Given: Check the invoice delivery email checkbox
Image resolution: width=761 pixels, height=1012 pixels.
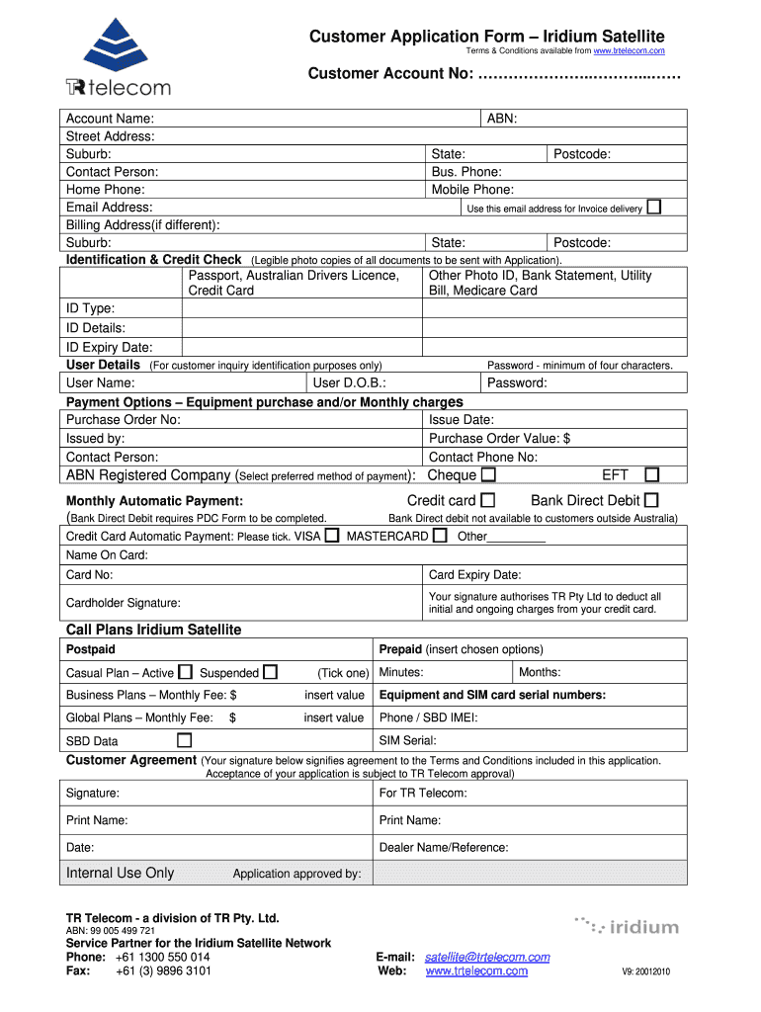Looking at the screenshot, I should coord(653,207).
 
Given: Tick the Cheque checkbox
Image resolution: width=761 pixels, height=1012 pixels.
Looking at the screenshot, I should coord(488,475).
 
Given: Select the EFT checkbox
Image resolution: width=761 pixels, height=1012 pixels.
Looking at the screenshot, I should coord(652,475).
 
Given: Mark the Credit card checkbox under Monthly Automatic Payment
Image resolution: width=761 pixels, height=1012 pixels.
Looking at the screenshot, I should coord(488,501).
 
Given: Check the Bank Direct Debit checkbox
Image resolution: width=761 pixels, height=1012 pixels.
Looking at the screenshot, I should coord(651,501).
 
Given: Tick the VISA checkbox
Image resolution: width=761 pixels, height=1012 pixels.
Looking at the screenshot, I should coord(332,536).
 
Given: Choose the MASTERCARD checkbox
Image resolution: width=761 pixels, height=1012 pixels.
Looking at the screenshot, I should coord(441,536).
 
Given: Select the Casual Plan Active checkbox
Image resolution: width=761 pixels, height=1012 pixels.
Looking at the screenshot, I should coord(185,673).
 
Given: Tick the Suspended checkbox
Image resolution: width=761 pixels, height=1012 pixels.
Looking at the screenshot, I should coord(270,673).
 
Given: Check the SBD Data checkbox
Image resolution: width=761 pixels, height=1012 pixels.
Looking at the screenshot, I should coord(184,740).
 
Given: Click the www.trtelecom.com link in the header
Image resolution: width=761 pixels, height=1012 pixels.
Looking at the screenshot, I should coord(629,50).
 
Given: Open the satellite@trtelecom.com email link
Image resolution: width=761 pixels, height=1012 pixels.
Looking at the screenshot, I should coord(487,957).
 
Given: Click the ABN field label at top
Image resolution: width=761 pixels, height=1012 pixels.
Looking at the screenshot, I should coord(502,119).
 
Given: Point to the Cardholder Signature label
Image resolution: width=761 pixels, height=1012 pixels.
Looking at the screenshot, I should coord(123,603).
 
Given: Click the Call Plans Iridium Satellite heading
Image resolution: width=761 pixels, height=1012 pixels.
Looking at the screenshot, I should coord(153,630).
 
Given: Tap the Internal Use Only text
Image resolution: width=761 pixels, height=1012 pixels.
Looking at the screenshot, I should coord(120,873).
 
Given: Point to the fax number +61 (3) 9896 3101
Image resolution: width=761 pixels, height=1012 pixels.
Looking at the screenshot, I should coord(163,970).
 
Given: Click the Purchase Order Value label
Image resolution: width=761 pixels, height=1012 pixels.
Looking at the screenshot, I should coord(499,438).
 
